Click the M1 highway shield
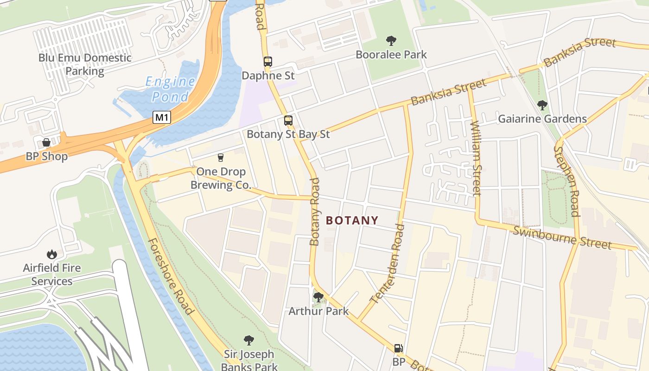coord(161,117)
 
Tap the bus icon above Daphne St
coord(267,61)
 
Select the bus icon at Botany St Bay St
coord(288,121)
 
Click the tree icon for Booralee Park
coord(391,41)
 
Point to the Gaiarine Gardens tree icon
coord(542,105)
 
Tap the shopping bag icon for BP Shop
coord(46,142)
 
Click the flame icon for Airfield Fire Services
coord(52,254)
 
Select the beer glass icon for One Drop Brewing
coord(221,158)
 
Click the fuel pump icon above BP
coord(398,348)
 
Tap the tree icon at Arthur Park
coord(318,297)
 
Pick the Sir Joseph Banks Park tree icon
coord(248,340)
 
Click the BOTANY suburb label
coord(352,220)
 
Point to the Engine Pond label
coord(170,89)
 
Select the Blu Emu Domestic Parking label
coord(85,64)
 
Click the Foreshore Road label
coord(170,276)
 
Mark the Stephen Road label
coord(567,181)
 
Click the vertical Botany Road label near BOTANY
coord(315,211)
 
